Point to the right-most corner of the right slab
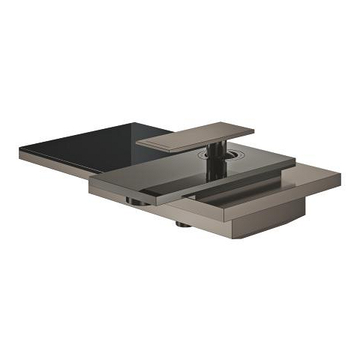[x=340, y=178]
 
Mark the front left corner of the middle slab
[x=91, y=181]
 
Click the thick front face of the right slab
[x=285, y=196]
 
